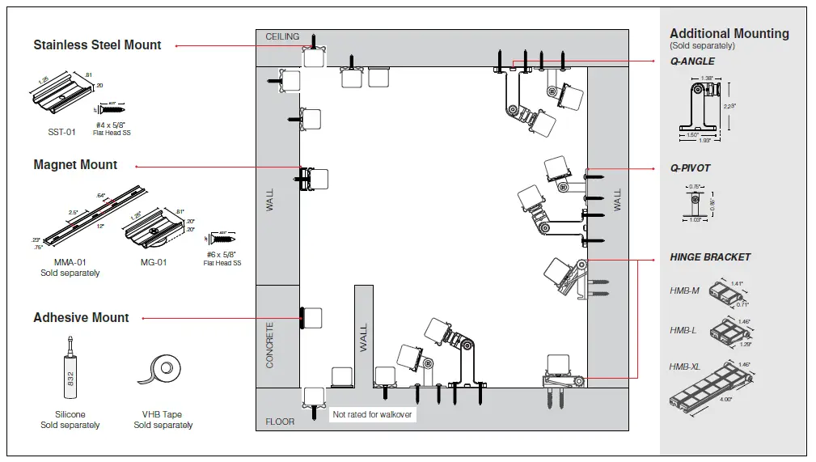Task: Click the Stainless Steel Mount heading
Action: (97, 45)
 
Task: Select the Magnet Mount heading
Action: (75, 165)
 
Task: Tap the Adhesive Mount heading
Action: (81, 318)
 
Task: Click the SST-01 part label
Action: (61, 132)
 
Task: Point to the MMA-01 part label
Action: (70, 263)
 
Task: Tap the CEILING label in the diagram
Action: (282, 37)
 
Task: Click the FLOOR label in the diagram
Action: (280, 422)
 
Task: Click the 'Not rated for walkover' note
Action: (373, 415)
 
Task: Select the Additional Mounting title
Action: (729, 34)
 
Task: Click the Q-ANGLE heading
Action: (692, 61)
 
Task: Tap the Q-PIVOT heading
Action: (690, 168)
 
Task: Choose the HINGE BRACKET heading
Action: (710, 257)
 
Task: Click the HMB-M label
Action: (684, 290)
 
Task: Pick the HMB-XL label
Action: (685, 367)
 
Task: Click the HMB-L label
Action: (683, 330)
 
